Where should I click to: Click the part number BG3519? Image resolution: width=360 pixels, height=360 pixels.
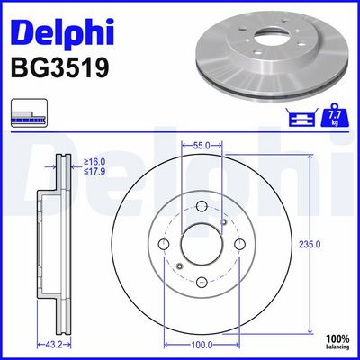pyautogui.click(x=59, y=68)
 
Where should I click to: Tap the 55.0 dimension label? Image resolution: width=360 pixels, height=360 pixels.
pyautogui.click(x=202, y=146)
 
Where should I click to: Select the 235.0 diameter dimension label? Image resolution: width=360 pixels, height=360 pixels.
pyautogui.click(x=310, y=245)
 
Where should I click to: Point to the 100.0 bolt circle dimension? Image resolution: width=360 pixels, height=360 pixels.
pyautogui.click(x=202, y=345)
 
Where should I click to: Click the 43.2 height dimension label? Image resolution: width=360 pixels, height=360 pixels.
pyautogui.click(x=53, y=345)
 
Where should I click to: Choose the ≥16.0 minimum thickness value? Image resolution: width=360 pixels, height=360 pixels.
pyautogui.click(x=94, y=162)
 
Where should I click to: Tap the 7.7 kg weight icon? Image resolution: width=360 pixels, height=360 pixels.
pyautogui.click(x=335, y=115)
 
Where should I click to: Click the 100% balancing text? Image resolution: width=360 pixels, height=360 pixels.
pyautogui.click(x=337, y=342)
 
